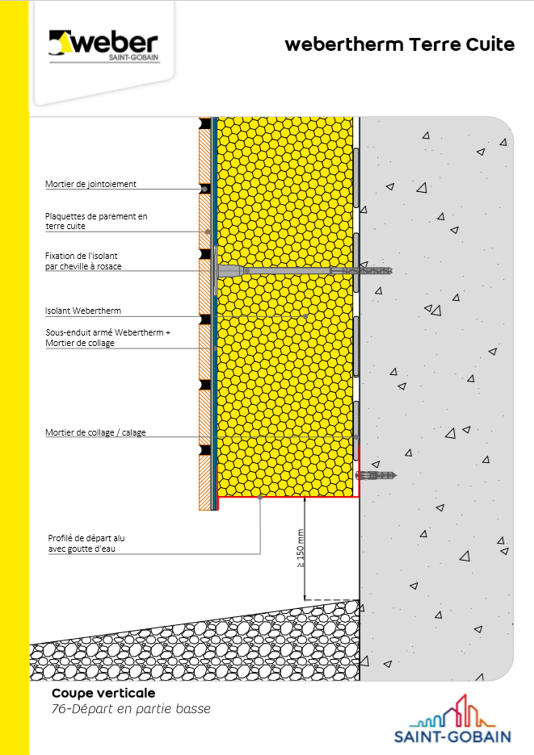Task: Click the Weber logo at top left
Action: pyautogui.click(x=103, y=47)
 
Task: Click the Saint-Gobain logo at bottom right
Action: pyautogui.click(x=452, y=719)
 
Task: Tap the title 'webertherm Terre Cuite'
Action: pyautogui.click(x=399, y=44)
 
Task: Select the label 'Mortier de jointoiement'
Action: pyautogui.click(x=90, y=184)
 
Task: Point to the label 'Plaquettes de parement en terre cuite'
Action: pyautogui.click(x=96, y=221)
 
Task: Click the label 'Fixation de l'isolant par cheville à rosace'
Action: pyautogui.click(x=83, y=261)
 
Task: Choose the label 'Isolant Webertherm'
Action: pyautogui.click(x=83, y=311)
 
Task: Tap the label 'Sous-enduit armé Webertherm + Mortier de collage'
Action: pyautogui.click(x=107, y=337)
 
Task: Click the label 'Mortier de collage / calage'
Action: pyautogui.click(x=95, y=432)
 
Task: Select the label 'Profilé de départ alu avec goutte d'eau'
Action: pyautogui.click(x=86, y=543)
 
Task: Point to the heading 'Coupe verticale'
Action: pyautogui.click(x=103, y=693)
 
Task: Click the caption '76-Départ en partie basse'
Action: pyautogui.click(x=131, y=709)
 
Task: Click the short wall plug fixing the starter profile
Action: pyautogui.click(x=376, y=476)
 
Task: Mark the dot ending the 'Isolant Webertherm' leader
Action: pyautogui.click(x=306, y=316)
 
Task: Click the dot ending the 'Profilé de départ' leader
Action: pyautogui.click(x=260, y=497)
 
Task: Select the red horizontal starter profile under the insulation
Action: pyautogui.click(x=288, y=496)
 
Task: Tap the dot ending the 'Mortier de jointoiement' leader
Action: pyautogui.click(x=204, y=189)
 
